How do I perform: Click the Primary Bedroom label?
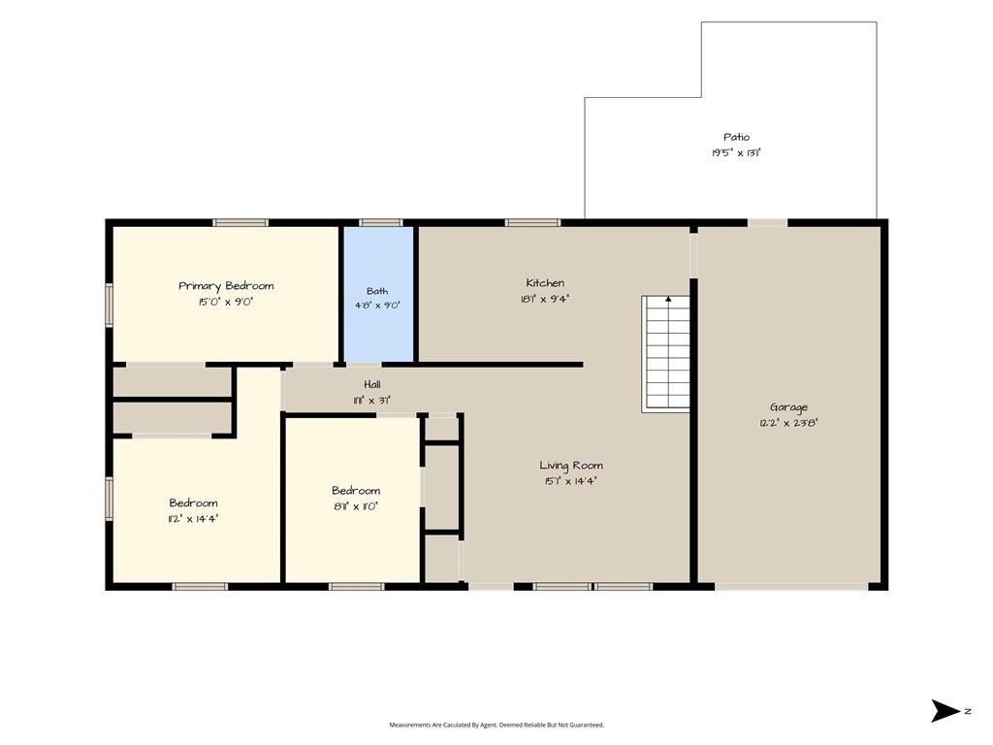(x=226, y=286)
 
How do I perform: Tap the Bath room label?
(x=377, y=291)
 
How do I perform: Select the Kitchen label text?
(x=545, y=282)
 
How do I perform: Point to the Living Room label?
(x=570, y=466)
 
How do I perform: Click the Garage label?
(x=788, y=407)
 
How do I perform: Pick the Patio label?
(x=737, y=137)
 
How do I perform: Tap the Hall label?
(x=372, y=384)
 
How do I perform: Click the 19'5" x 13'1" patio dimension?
(x=736, y=152)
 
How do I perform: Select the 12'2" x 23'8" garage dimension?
(x=788, y=423)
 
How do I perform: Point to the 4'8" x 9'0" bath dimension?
(x=377, y=306)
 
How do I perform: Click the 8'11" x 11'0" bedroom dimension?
(x=355, y=506)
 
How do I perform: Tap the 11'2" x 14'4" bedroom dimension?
(x=193, y=519)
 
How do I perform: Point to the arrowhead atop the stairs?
(x=668, y=299)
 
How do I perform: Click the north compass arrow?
(x=945, y=711)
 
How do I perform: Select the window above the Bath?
(x=380, y=222)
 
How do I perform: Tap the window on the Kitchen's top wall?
(x=532, y=222)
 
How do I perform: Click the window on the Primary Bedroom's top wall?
(x=240, y=222)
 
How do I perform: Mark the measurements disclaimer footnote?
(x=496, y=725)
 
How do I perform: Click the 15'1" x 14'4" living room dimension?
(x=570, y=481)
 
